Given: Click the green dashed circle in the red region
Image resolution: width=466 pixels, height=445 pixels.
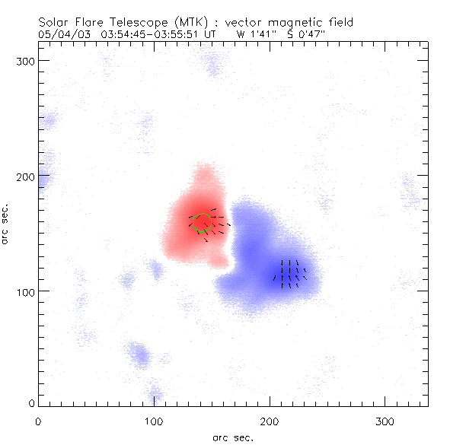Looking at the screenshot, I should [202, 223].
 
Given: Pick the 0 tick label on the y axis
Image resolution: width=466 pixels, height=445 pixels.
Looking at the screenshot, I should [31, 402].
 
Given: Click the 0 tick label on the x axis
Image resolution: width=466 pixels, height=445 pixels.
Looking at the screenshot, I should [38, 420].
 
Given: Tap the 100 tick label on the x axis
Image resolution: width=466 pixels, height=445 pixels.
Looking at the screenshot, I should [154, 420].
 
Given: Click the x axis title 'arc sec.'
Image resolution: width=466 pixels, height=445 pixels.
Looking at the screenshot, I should [233, 437].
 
